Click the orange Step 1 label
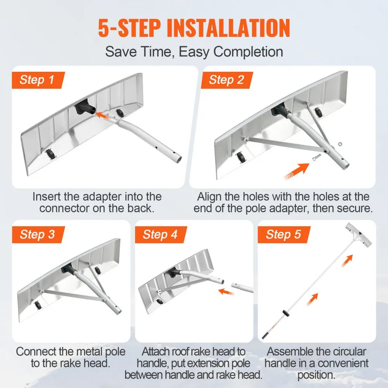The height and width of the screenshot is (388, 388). pos(37,80)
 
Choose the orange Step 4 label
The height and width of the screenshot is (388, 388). pos(160,235)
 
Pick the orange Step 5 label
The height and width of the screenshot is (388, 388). pos(283,235)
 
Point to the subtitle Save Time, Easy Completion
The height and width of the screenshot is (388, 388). pos(194,52)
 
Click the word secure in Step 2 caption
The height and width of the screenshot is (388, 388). pos(354,208)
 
